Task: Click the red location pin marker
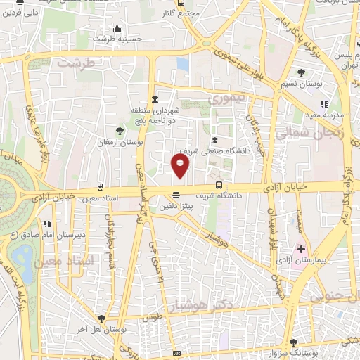pos(181,166)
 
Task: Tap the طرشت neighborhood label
pos(75,62)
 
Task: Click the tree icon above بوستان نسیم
pos(302,72)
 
